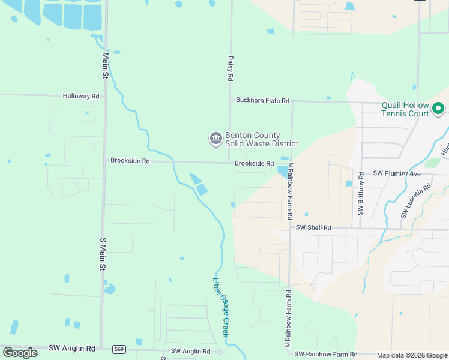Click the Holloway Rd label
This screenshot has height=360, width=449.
[x=81, y=96]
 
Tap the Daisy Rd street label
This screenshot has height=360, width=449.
[x=230, y=68]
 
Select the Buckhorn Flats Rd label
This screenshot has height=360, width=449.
[x=262, y=101]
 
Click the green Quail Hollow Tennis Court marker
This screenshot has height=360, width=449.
[x=438, y=109]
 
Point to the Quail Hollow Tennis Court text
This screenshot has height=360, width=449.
[x=405, y=109]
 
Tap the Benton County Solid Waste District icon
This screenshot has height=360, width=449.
[x=215, y=139]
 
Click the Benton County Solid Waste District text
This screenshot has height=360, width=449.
[x=261, y=139]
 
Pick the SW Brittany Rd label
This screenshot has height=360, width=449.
[x=361, y=193]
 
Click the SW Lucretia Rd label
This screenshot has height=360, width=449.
[x=415, y=201]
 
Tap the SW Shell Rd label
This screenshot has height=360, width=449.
[x=313, y=228]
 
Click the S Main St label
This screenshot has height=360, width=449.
[x=103, y=253]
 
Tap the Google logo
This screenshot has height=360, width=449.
[x=20, y=353]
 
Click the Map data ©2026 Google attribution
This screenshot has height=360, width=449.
[x=412, y=355]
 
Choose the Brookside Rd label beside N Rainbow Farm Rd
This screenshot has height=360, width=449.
[x=254, y=163]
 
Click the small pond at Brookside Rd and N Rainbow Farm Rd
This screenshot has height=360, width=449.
[x=282, y=171]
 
